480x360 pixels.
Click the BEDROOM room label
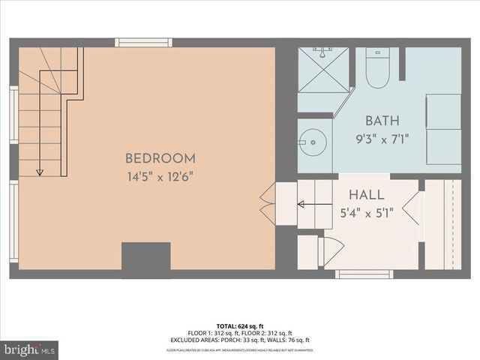160,158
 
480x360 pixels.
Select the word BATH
382,121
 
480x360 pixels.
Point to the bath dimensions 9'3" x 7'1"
382,138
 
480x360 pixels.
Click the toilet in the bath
376,72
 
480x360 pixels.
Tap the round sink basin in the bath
313,142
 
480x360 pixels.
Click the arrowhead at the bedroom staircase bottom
39,172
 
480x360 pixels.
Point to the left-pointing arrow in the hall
301,203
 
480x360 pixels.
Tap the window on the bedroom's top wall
143,43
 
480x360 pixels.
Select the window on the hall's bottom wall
364,274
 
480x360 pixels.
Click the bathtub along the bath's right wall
443,128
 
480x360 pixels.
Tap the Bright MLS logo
30,349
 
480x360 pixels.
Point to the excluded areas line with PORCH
240,340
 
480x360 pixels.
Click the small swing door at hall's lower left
331,250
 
